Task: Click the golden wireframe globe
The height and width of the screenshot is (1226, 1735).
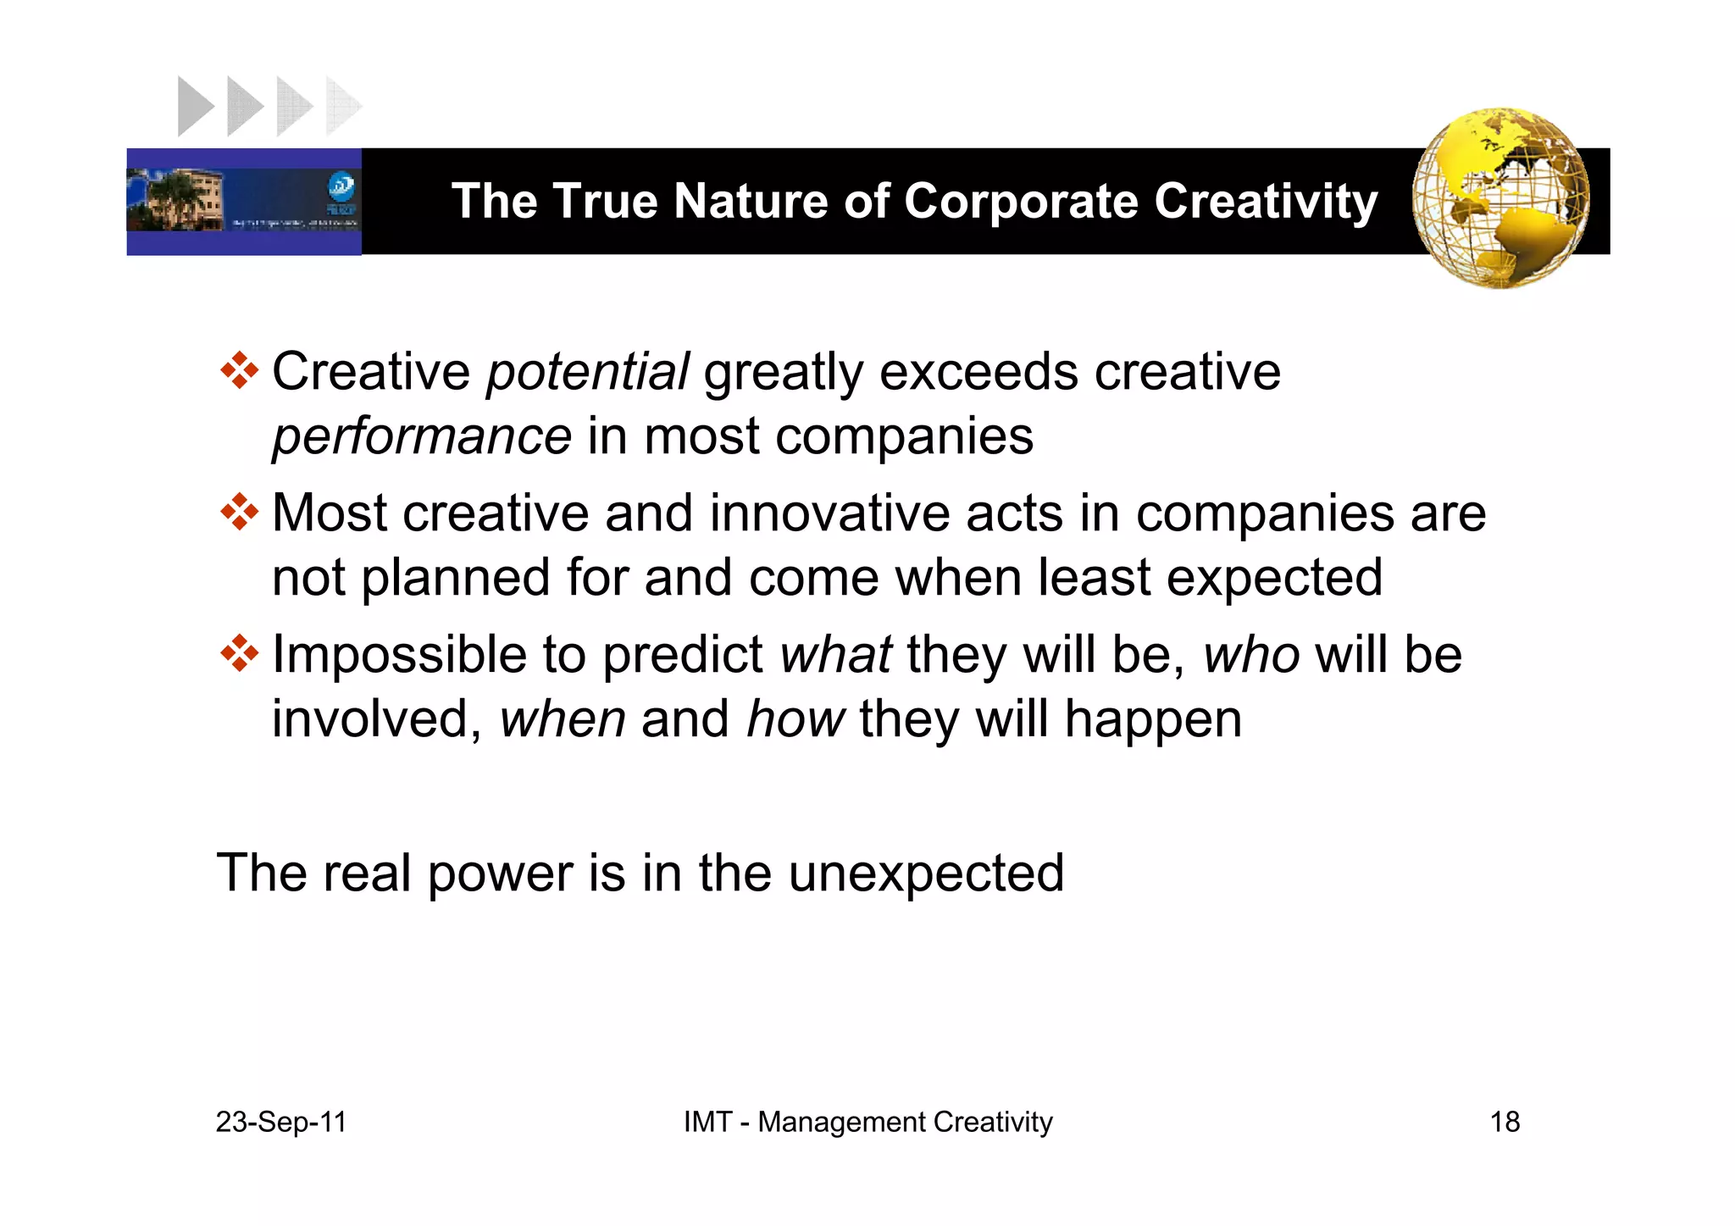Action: click(1500, 198)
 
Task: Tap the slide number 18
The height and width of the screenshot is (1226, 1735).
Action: click(1505, 1122)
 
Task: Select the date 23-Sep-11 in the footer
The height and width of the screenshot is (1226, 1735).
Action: click(281, 1122)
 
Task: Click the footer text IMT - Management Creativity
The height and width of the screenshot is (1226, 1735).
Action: click(867, 1122)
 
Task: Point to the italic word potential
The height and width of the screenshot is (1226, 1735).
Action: click(587, 373)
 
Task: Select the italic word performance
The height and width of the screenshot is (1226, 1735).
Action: click(422, 437)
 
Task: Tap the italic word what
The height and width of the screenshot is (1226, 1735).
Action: click(835, 655)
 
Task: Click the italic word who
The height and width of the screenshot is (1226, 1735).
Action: click(1251, 655)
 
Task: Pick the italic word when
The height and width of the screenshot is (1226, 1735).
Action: click(563, 719)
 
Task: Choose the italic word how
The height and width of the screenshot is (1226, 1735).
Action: click(795, 719)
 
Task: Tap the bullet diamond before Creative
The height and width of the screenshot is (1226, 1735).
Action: click(239, 370)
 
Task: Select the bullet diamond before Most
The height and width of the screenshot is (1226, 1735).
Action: click(239, 512)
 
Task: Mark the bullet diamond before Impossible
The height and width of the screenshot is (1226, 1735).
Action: click(239, 653)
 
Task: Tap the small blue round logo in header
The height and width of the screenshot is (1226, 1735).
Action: click(341, 186)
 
